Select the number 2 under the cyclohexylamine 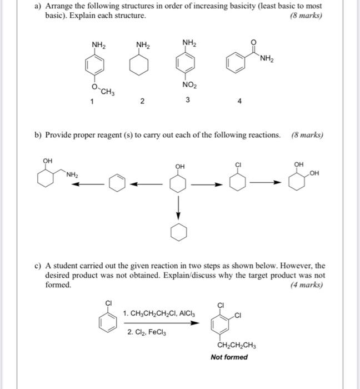tap(142, 101)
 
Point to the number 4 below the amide tap(239, 102)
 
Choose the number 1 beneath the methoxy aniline tap(93, 101)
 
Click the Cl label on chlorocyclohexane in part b tap(238, 164)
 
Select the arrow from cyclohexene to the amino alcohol tap(92, 184)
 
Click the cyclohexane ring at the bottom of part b tap(178, 234)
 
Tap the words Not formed tap(229, 357)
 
